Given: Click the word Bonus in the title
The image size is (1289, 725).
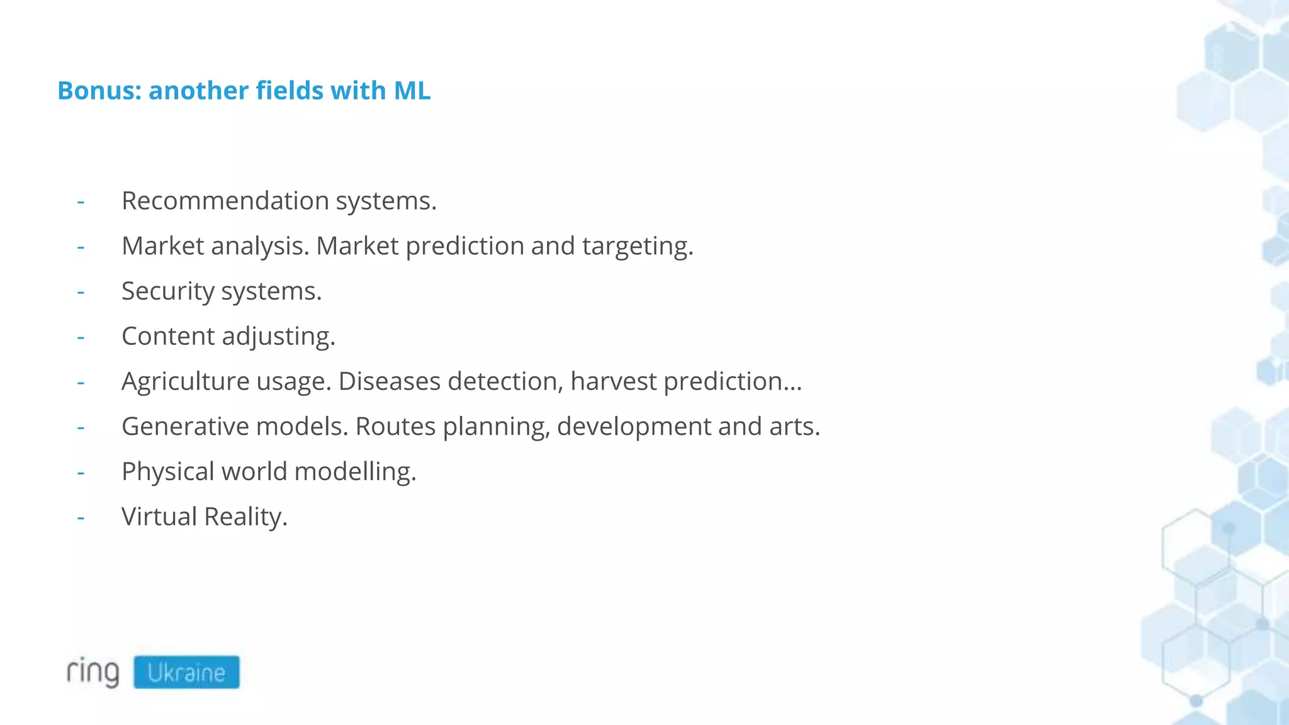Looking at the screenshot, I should click(x=96, y=91).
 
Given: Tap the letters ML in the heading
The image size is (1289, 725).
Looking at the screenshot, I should click(x=412, y=91).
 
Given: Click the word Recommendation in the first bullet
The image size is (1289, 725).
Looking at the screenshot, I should click(x=225, y=201).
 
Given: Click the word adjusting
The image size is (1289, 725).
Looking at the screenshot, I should click(x=278, y=337).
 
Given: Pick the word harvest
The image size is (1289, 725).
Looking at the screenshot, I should click(x=613, y=381).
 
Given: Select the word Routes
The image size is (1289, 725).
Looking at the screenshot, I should click(x=395, y=427).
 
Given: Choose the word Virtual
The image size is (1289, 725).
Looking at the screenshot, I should click(x=159, y=517).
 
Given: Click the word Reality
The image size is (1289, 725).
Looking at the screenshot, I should click(x=245, y=517).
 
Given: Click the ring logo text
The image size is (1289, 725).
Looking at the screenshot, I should click(x=93, y=672).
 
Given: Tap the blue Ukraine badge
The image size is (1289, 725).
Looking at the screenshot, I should click(x=186, y=672).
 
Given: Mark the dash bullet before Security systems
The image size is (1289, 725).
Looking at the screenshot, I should click(x=81, y=292).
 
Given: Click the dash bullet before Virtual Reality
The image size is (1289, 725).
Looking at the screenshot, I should click(x=81, y=517).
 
